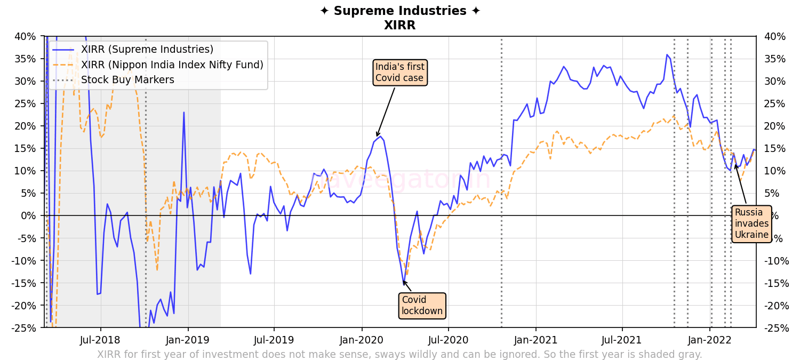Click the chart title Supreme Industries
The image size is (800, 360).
point(399,11)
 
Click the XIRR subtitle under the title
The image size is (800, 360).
point(399,25)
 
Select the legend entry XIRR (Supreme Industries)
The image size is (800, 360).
point(147,50)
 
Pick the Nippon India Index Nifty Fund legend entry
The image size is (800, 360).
point(172,65)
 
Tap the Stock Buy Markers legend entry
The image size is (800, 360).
point(127,80)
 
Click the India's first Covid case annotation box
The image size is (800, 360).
point(400,73)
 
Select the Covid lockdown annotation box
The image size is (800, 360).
point(422,306)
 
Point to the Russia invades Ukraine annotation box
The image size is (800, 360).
point(751,223)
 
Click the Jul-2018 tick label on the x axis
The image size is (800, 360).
point(100,340)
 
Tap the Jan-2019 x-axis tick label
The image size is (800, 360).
point(188,340)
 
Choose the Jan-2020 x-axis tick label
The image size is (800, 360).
point(362,340)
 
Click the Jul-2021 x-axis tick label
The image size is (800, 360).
point(622,340)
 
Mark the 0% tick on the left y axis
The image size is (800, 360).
point(29,215)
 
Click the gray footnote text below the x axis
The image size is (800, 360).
point(399,355)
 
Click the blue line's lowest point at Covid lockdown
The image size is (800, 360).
point(404,282)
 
